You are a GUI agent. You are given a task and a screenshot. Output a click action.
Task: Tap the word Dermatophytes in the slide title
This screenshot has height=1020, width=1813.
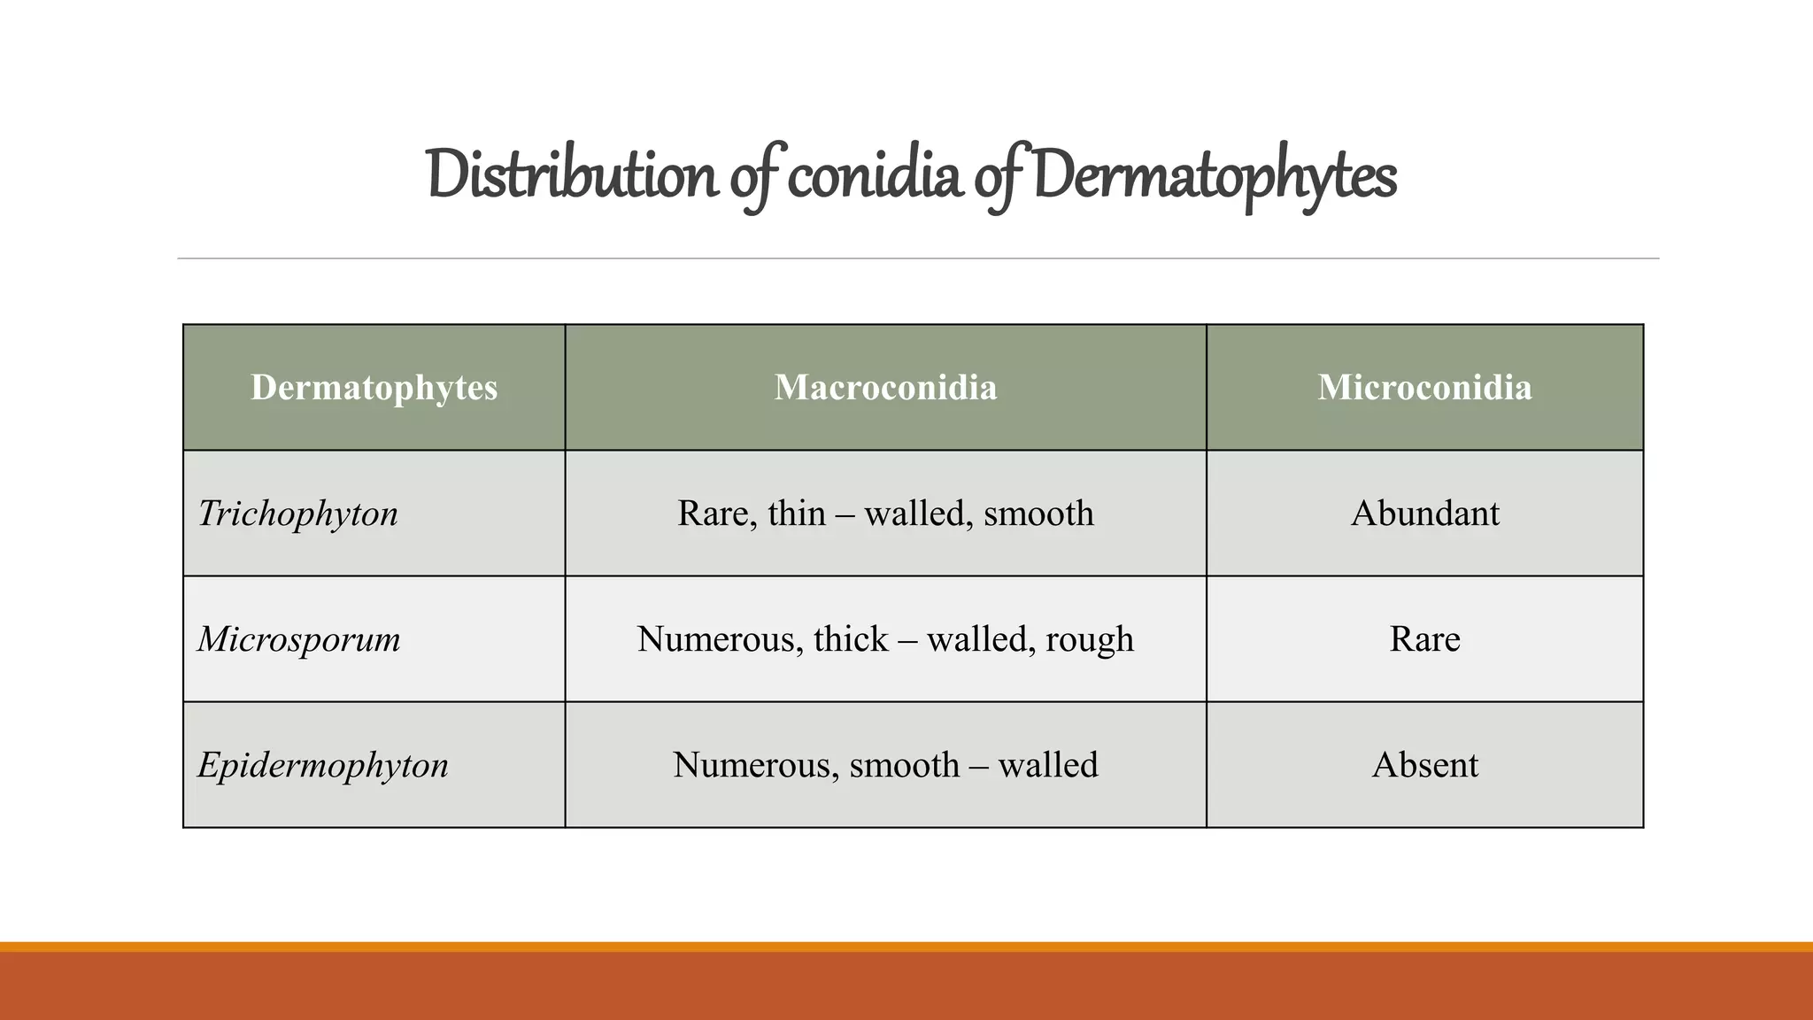tap(1214, 175)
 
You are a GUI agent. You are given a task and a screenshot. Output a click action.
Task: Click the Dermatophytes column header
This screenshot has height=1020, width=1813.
tap(374, 388)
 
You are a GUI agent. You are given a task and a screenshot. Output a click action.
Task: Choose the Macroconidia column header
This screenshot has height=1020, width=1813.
tap(885, 388)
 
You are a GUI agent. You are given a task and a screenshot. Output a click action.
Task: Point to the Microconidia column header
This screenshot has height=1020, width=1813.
tap(1424, 388)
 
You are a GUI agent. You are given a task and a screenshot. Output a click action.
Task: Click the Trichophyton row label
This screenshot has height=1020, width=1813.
tap(298, 514)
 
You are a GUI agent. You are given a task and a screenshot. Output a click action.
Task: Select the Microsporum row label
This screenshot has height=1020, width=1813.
tap(299, 639)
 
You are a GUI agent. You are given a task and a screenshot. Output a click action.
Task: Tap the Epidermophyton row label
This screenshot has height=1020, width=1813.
tap(323, 765)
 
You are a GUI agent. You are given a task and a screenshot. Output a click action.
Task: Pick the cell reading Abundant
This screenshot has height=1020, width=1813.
tap(1424, 514)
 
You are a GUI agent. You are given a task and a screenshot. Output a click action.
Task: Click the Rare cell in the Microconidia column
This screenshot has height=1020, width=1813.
tap(1424, 639)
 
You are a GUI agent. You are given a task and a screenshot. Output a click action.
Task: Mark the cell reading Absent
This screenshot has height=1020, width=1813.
tap(1424, 765)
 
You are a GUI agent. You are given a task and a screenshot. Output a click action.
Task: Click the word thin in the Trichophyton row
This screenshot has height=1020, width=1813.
tap(797, 514)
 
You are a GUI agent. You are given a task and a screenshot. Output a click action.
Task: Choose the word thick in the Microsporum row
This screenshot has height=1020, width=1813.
tap(851, 639)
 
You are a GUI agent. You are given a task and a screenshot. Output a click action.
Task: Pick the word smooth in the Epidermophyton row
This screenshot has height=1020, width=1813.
tap(904, 765)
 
